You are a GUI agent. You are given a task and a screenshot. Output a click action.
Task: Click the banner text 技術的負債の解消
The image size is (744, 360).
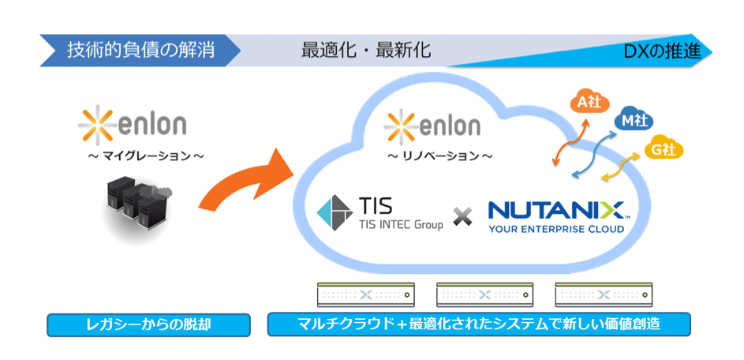coord(141,51)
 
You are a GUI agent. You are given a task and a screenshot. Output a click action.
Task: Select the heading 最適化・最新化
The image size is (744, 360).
coord(366,51)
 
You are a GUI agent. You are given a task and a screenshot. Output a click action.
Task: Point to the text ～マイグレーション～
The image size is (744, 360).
coord(146,156)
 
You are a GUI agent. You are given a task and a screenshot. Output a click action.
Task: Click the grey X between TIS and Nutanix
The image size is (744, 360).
coord(463,215)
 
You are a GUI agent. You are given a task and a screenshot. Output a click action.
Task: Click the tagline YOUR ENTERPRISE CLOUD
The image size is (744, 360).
coord(556,230)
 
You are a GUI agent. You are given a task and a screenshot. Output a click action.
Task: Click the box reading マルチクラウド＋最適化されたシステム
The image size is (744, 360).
coord(479,324)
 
